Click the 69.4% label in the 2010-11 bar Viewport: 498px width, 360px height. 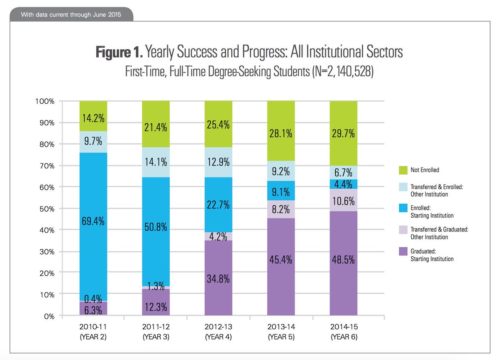[x=93, y=221]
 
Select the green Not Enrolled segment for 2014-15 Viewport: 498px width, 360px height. [x=343, y=134]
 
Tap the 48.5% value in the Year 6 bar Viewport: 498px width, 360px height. [x=343, y=260]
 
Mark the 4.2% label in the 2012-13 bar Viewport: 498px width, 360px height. [x=218, y=236]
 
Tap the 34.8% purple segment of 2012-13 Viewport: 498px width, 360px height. [x=218, y=278]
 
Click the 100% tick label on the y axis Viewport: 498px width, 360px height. [x=44, y=101]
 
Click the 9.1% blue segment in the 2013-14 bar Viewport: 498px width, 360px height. [x=281, y=192]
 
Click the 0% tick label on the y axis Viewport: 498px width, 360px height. [x=49, y=316]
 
